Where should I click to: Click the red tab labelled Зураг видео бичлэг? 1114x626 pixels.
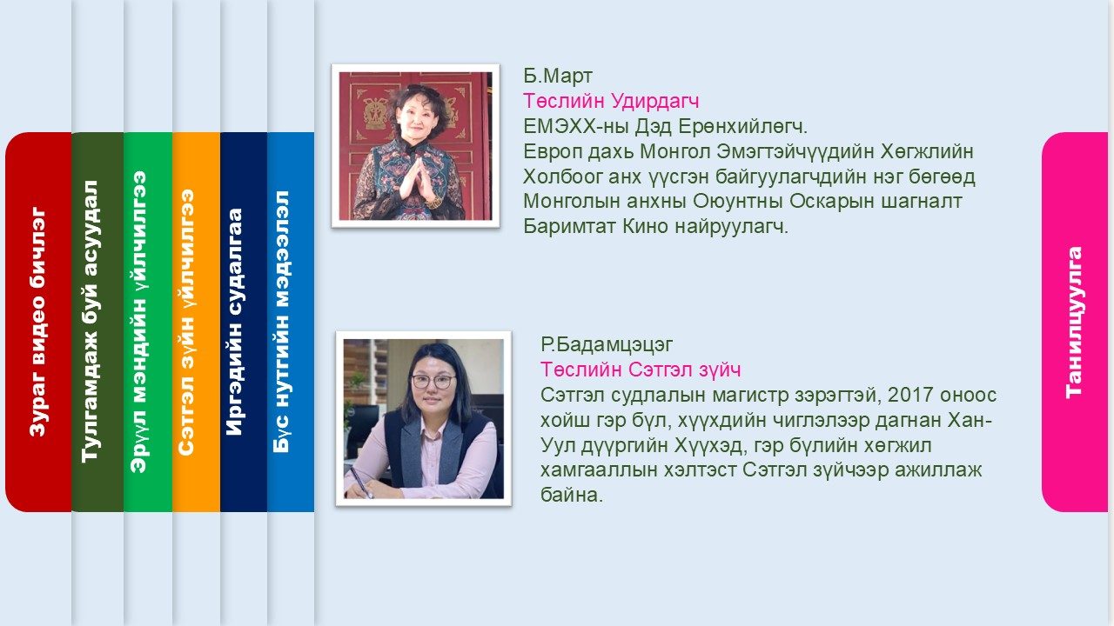(38, 322)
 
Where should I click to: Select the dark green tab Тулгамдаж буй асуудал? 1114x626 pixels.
(97, 322)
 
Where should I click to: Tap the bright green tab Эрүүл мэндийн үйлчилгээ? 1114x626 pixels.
(148, 322)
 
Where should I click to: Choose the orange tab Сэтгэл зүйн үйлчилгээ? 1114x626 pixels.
(196, 322)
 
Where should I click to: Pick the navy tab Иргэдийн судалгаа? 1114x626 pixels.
(244, 322)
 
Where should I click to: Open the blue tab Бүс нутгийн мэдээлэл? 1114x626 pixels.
(291, 322)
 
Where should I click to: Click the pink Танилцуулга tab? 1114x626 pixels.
(1074, 322)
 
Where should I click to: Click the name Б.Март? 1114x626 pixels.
(558, 76)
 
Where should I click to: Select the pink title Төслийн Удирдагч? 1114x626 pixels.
(611, 102)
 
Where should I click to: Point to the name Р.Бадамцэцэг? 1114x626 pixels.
(607, 345)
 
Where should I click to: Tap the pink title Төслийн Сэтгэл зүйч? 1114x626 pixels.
(641, 370)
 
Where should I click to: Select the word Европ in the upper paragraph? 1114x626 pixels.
(552, 152)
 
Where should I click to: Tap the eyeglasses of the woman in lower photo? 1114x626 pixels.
(433, 382)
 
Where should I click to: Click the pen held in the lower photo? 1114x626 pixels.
(360, 482)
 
